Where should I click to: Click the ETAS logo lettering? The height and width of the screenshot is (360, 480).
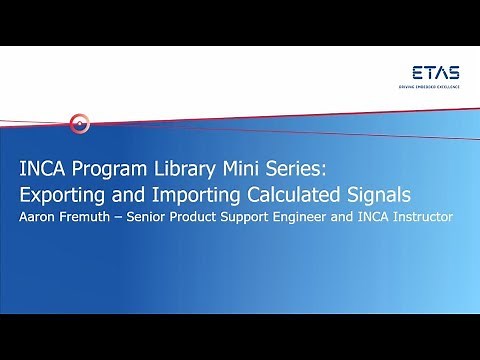435,73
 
